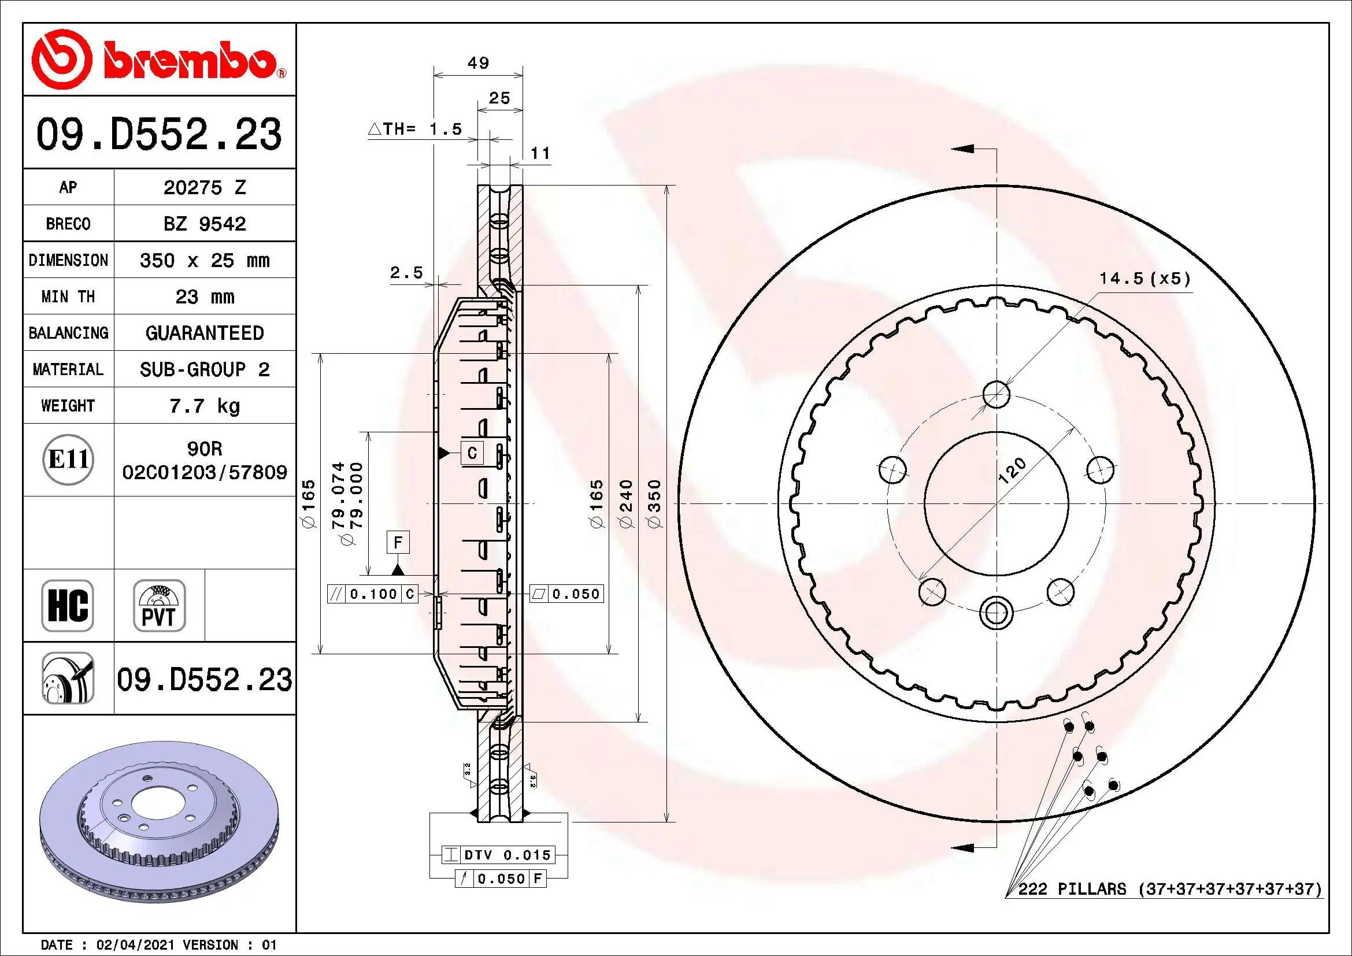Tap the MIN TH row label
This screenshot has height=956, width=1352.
68,297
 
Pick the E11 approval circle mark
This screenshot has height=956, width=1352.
68,459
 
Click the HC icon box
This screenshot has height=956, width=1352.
68,606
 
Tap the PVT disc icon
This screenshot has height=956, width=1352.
159,606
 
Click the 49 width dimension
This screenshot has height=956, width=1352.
478,62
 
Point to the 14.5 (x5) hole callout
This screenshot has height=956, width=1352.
1144,279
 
